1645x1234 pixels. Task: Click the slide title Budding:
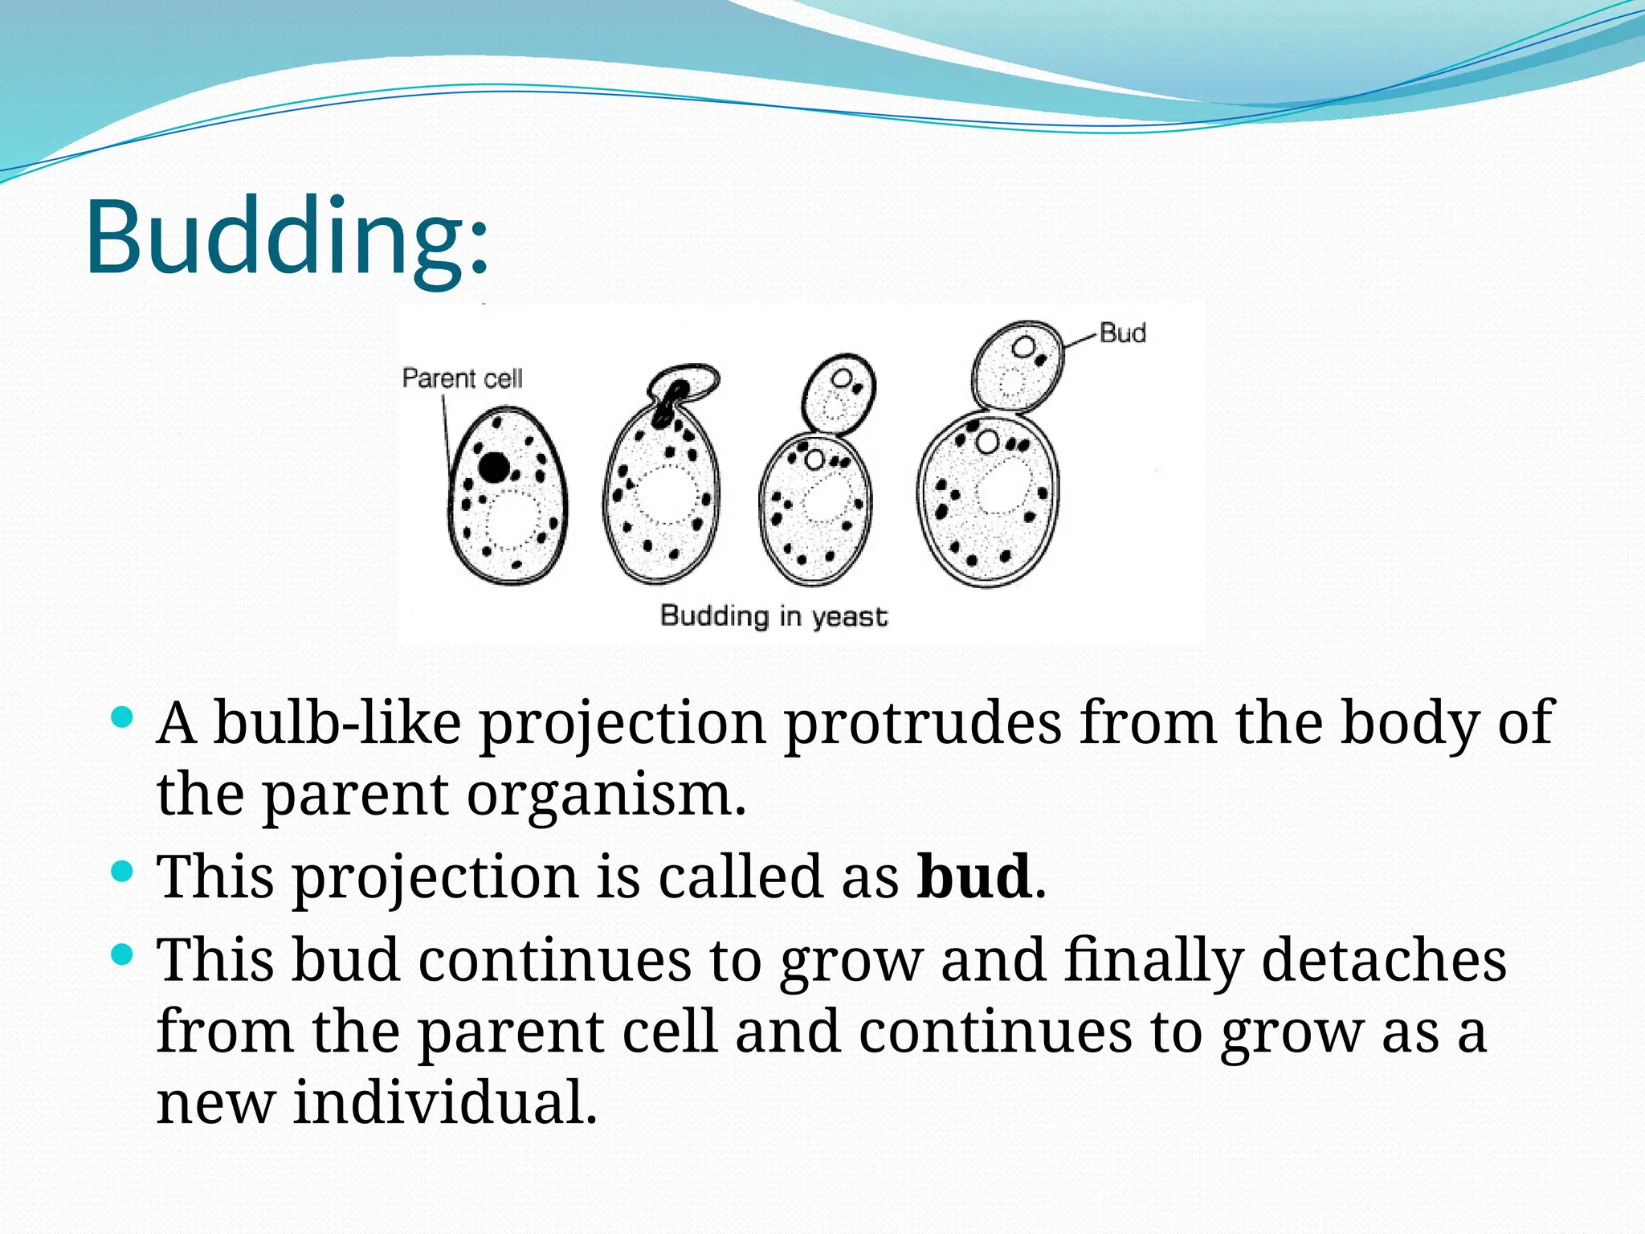point(286,238)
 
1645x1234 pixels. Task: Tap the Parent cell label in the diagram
point(462,378)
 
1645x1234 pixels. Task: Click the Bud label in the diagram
point(1122,333)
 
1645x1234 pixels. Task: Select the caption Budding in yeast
point(774,616)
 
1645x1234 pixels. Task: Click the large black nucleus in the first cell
point(494,467)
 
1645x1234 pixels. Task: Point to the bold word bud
point(974,876)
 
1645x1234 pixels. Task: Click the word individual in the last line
point(445,1102)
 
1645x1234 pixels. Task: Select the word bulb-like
point(337,723)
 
